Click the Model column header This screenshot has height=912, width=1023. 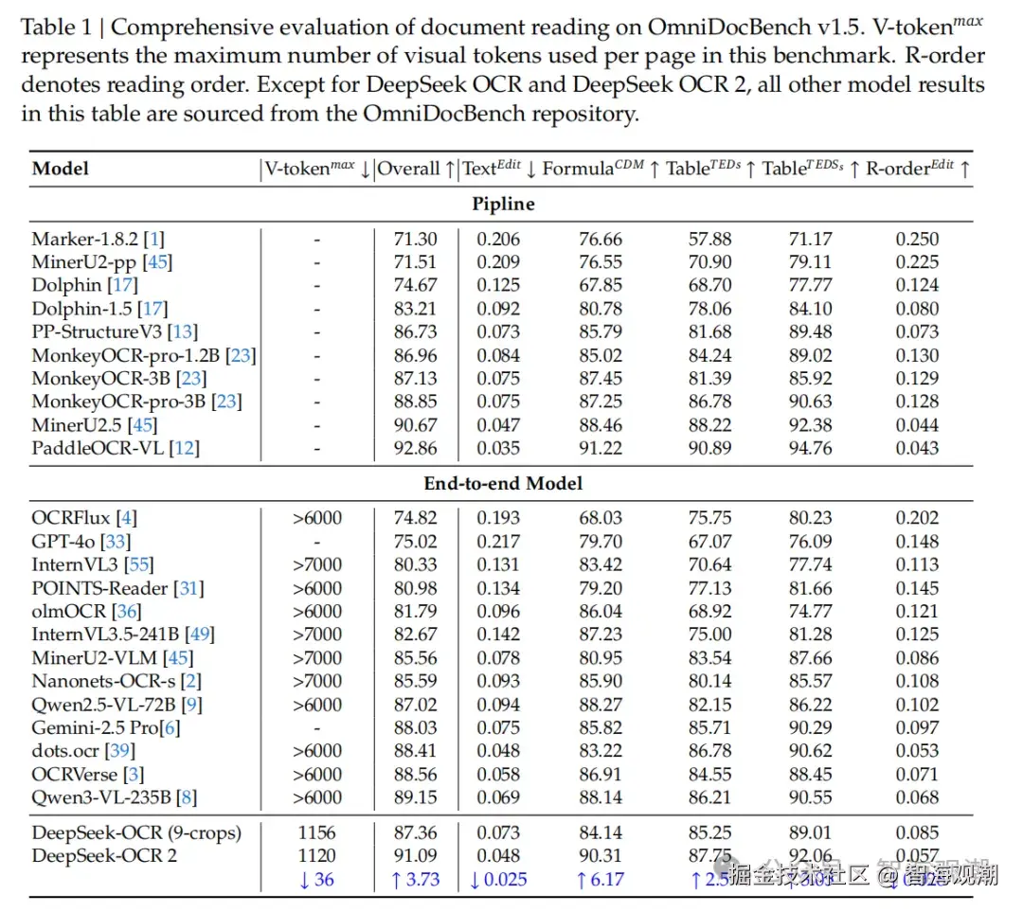[x=61, y=169]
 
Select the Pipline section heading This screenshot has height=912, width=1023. [x=503, y=204]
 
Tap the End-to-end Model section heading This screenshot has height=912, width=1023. [x=503, y=483]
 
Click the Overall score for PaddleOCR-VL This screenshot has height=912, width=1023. [x=415, y=448]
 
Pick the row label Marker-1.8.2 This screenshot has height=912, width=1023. [x=84, y=239]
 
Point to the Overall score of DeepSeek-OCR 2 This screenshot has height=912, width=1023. [x=415, y=856]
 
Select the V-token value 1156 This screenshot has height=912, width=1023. [x=316, y=832]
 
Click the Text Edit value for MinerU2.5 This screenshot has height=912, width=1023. [x=497, y=425]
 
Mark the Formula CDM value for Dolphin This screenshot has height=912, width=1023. [x=601, y=285]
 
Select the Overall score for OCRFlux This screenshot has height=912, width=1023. [x=415, y=518]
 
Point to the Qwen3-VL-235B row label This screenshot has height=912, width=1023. [x=101, y=797]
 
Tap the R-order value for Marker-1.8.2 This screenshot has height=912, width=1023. [x=917, y=239]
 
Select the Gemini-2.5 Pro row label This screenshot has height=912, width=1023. [x=94, y=727]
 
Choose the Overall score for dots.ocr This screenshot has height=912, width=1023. [x=415, y=751]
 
